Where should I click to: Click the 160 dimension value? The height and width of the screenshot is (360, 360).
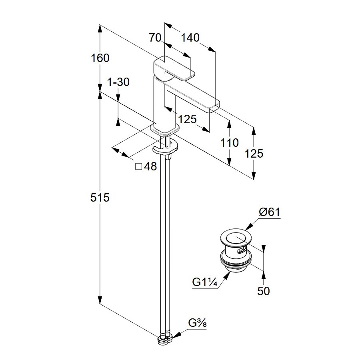100,58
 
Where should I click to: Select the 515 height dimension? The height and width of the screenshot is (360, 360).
100,198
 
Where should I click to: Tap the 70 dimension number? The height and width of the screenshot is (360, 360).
155,38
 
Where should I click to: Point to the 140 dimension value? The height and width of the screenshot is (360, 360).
190,38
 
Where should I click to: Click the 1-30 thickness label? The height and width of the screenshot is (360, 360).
119,82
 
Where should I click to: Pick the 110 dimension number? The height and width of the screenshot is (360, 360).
229,143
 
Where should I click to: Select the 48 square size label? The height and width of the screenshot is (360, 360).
150,167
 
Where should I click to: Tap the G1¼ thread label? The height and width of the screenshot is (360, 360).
204,282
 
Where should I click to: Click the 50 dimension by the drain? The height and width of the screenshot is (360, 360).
264,291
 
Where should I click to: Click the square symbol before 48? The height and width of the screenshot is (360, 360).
139,167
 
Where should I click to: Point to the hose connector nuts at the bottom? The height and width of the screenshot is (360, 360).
165,340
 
